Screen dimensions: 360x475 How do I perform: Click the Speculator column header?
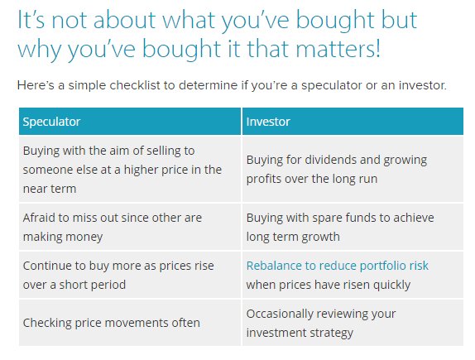click(x=51, y=122)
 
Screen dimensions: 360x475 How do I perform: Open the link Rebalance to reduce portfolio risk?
click(x=338, y=266)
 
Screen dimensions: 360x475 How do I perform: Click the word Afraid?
click(x=40, y=218)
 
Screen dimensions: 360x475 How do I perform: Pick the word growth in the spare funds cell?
click(x=321, y=236)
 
